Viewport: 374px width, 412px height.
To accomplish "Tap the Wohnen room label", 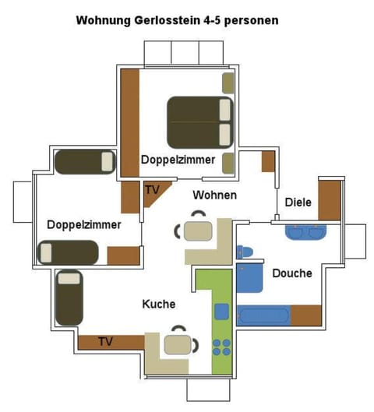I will [214, 195].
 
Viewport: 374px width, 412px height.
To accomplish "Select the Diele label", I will [298, 202].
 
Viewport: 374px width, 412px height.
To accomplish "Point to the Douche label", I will [292, 273].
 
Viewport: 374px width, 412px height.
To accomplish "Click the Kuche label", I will [158, 304].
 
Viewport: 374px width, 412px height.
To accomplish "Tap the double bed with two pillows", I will [199, 122].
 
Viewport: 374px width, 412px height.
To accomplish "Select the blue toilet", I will [245, 252].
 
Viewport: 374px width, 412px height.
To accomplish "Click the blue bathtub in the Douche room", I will [263, 315].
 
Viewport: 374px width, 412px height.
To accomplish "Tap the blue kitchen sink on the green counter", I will [221, 312].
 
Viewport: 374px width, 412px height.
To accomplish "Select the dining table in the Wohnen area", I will [198, 231].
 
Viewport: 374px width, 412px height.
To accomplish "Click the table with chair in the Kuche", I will [178, 343].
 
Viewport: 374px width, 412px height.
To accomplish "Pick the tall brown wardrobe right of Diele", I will [330, 200].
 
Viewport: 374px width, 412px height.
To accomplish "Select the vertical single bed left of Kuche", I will [69, 297].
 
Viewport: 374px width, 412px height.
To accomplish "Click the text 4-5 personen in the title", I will [241, 19].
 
